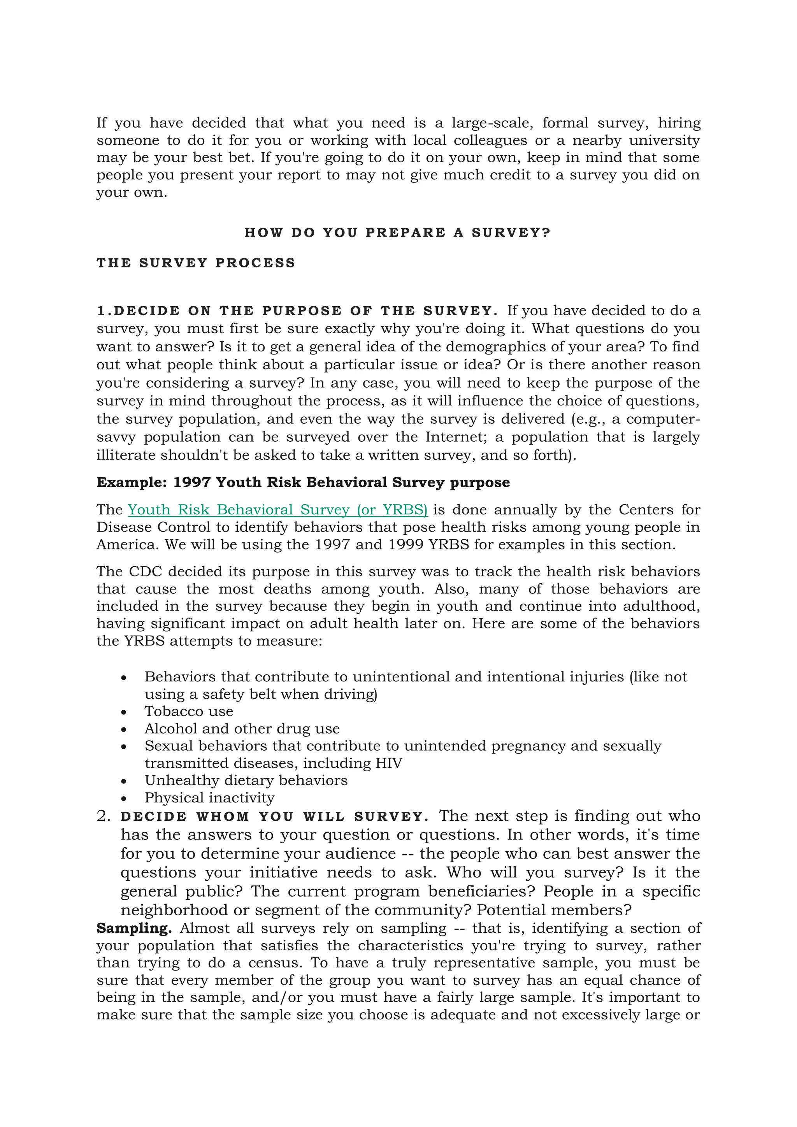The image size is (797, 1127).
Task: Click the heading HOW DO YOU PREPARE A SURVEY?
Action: [397, 233]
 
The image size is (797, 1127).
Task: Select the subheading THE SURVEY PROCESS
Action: [196, 263]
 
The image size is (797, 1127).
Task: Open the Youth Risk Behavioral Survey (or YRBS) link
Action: [277, 510]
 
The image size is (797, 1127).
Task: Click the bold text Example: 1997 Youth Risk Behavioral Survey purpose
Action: [303, 483]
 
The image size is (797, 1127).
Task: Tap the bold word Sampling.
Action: [133, 929]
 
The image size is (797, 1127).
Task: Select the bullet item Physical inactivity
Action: [209, 798]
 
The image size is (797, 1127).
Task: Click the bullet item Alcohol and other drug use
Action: [242, 729]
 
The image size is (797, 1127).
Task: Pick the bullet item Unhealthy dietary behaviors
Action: [246, 781]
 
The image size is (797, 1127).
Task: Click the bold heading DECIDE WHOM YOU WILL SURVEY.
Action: [274, 817]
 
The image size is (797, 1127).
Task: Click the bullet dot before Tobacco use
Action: [124, 712]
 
